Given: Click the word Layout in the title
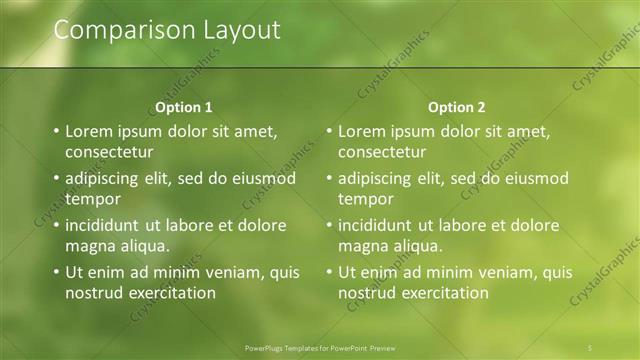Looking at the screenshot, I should [x=241, y=30].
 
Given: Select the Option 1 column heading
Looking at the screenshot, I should [x=185, y=107].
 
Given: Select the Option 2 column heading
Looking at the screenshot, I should [x=457, y=107].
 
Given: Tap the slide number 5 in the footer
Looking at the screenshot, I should [x=591, y=347].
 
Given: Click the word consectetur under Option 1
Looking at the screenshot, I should [x=109, y=152].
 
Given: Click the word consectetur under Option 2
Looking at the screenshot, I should [x=382, y=152].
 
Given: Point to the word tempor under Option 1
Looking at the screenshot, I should [x=93, y=199].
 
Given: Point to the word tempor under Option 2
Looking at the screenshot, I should [x=366, y=199].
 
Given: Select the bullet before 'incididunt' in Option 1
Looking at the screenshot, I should [x=56, y=226].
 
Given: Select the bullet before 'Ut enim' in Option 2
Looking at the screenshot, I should [x=329, y=272].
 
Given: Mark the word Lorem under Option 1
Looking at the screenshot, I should [x=87, y=131].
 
